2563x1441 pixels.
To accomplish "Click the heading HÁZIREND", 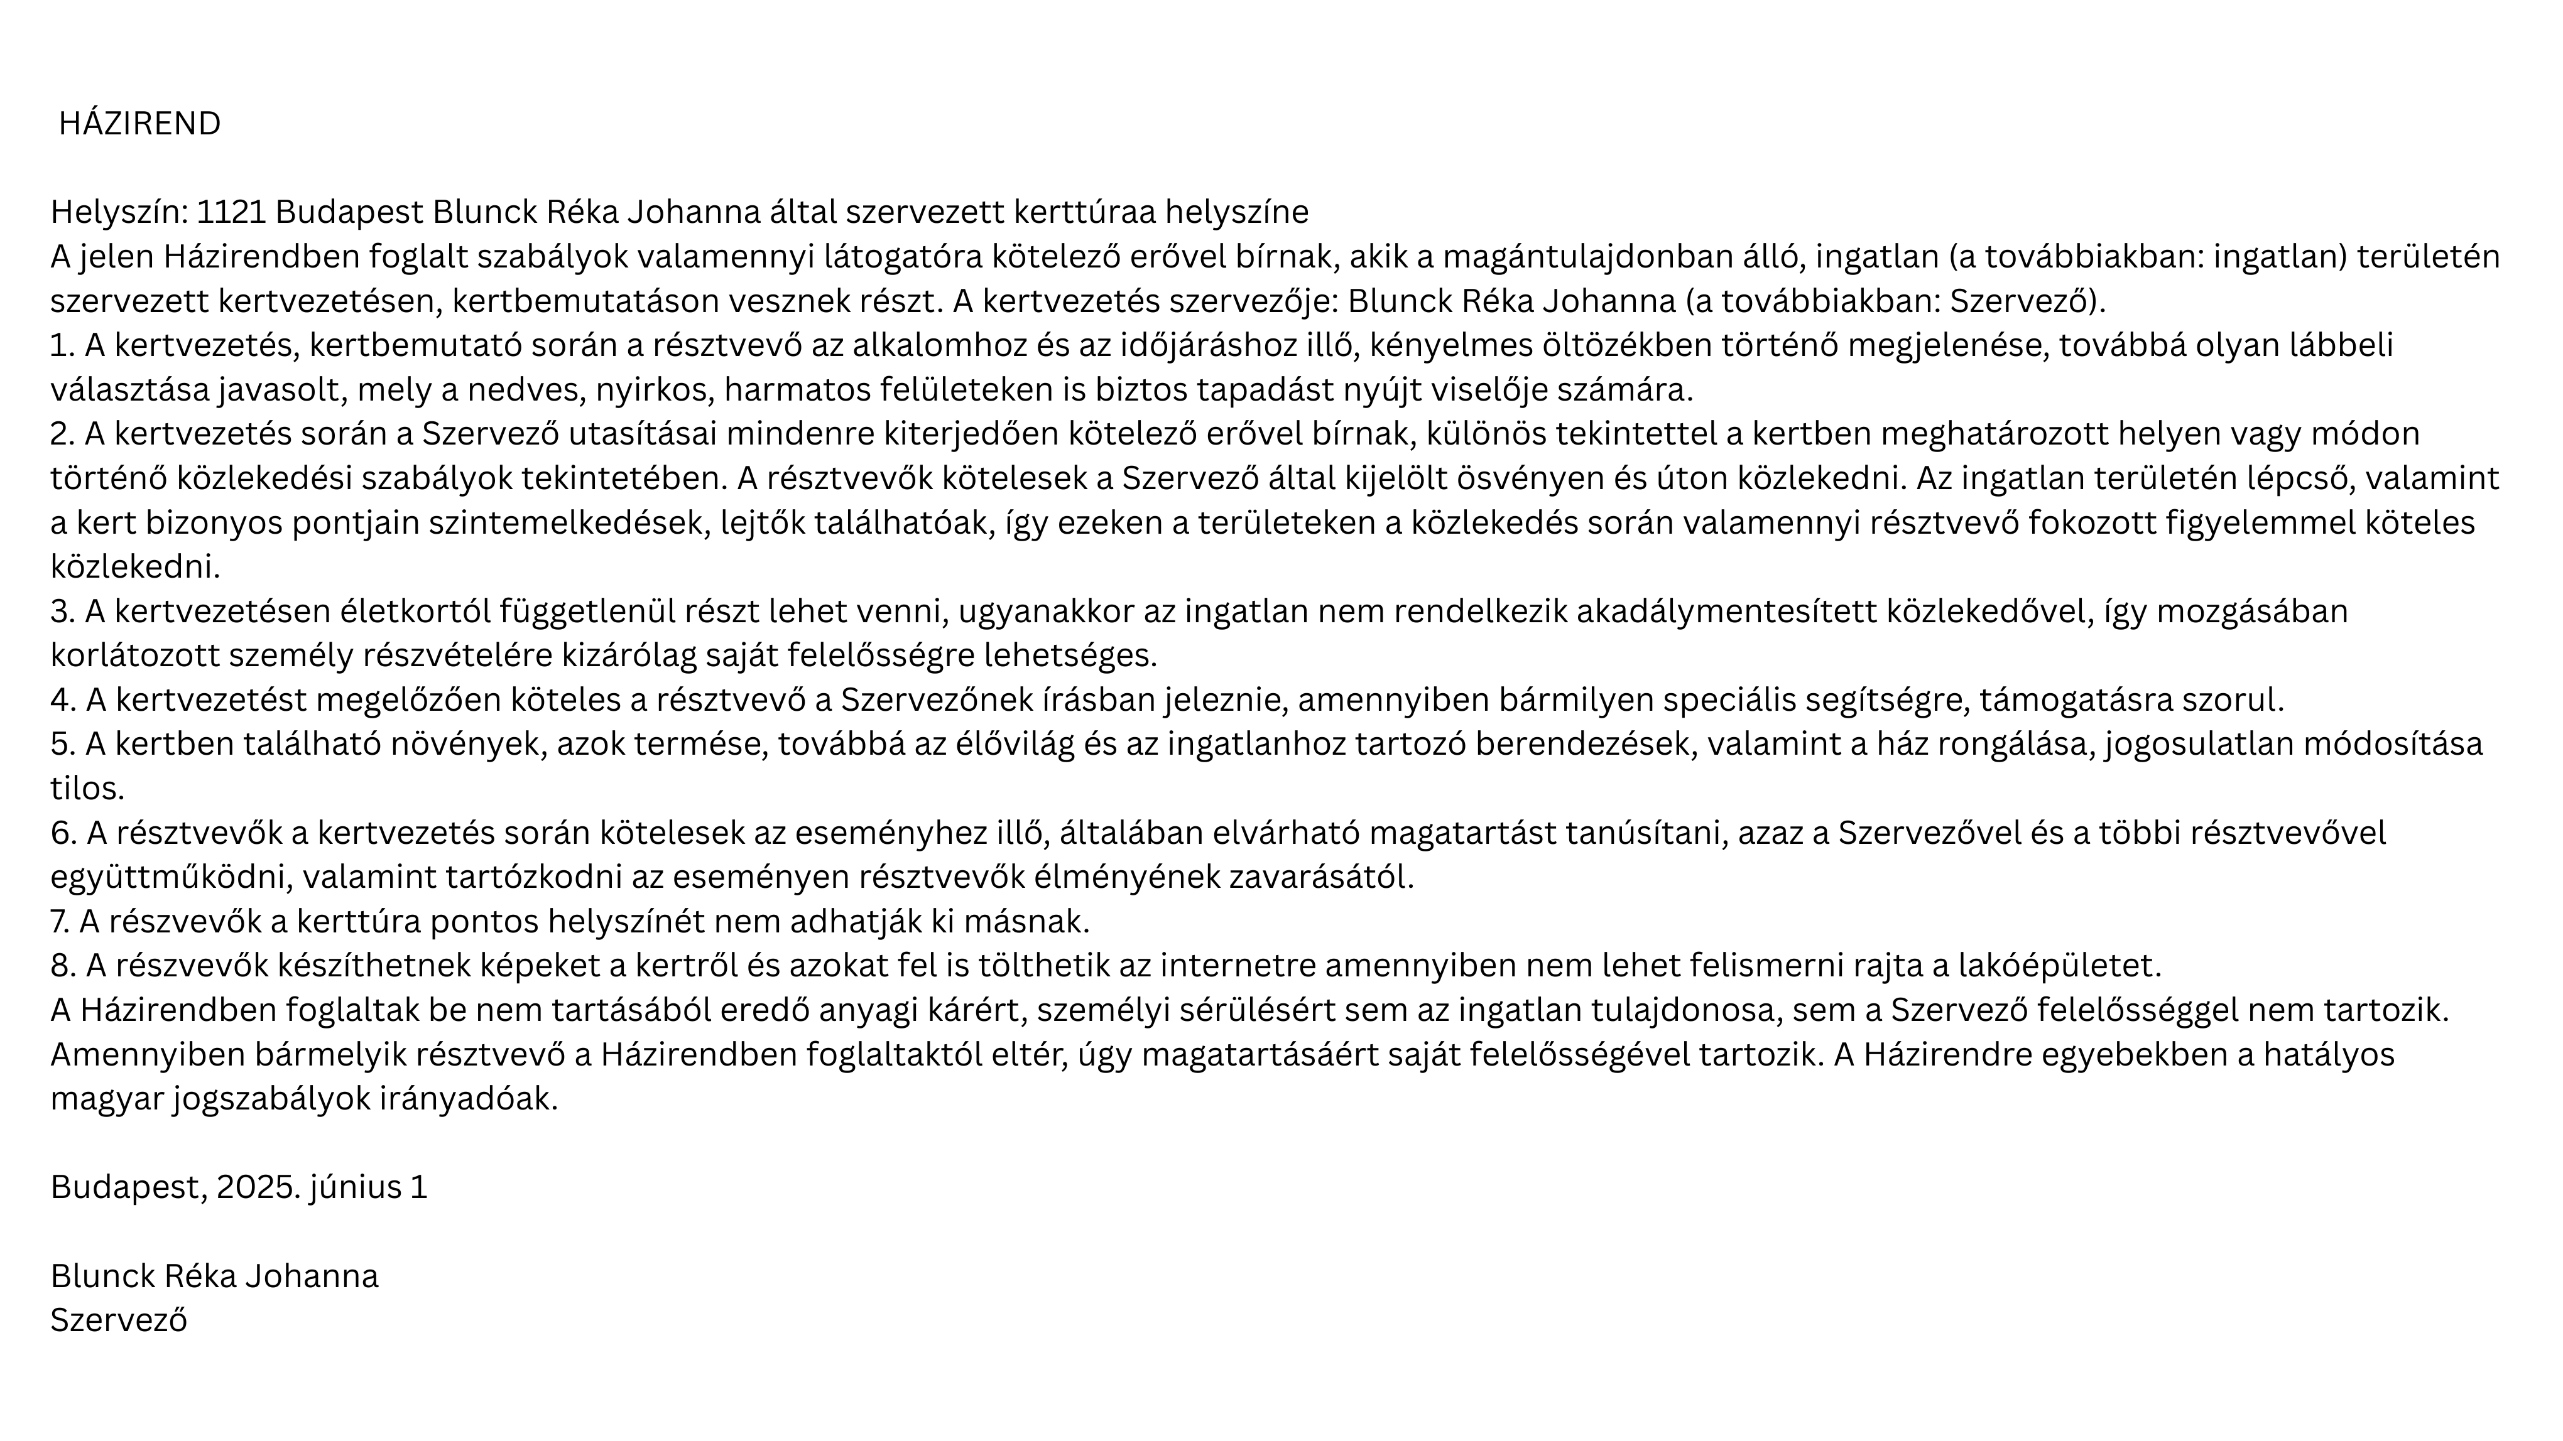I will coord(139,124).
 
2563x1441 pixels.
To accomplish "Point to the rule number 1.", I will coord(62,346).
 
